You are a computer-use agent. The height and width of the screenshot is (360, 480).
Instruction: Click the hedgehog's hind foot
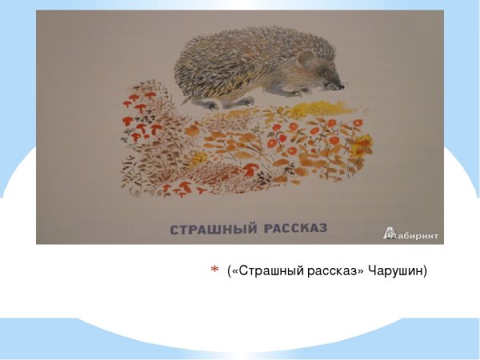pyautogui.click(x=210, y=104)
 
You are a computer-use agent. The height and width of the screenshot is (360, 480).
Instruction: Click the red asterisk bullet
pyautogui.click(x=214, y=272)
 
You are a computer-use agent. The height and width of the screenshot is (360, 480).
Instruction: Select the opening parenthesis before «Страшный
pyautogui.click(x=230, y=272)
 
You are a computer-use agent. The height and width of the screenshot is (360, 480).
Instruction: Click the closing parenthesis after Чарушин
pyautogui.click(x=426, y=272)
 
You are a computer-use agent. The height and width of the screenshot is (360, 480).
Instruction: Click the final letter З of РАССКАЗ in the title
pyautogui.click(x=324, y=230)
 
